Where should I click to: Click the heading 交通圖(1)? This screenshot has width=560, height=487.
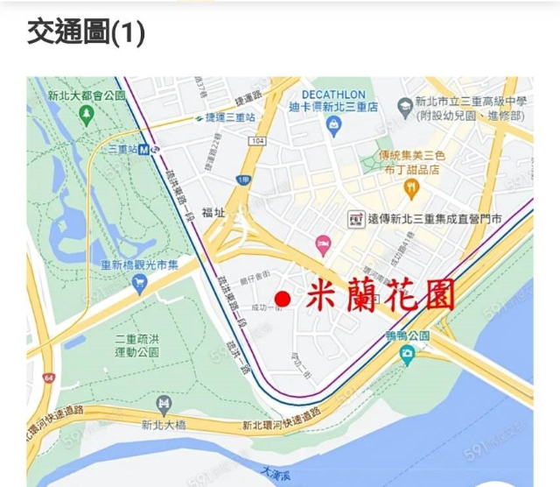coord(86,32)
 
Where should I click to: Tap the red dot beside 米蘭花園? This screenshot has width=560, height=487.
coord(282,299)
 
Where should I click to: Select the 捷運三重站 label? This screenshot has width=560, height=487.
coord(231,116)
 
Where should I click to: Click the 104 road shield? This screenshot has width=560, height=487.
coord(256,140)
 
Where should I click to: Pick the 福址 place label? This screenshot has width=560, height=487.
coord(213,212)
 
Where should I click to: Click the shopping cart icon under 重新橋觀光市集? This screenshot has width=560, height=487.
coord(139,283)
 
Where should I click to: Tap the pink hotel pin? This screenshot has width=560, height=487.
coord(324,243)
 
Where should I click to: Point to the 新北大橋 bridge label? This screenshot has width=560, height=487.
coord(163,426)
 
